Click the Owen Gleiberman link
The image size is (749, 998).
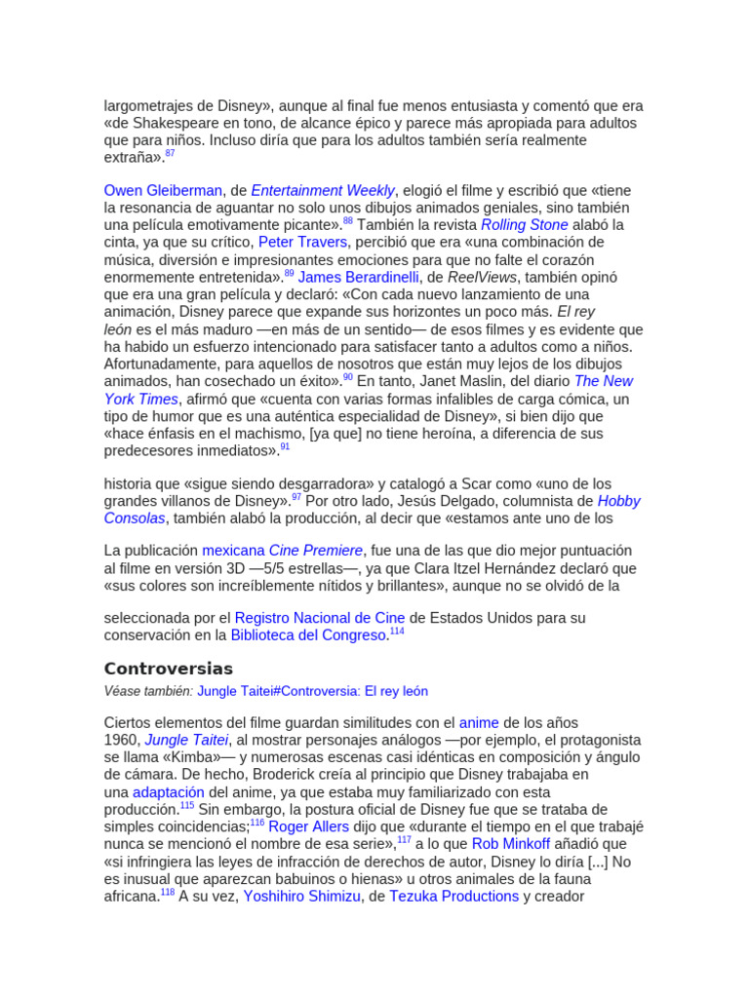click(163, 191)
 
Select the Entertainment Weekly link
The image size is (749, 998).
click(323, 191)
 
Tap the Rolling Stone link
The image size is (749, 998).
click(524, 225)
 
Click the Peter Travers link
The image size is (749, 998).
click(303, 243)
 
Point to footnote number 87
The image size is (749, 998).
click(170, 154)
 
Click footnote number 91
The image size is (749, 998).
click(285, 446)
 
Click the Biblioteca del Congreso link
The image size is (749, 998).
click(308, 636)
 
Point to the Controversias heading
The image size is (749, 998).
click(169, 670)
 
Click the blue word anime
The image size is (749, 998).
click(479, 723)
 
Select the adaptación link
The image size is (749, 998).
click(168, 792)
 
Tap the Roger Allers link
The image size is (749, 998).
click(308, 827)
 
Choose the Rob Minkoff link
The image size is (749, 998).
click(511, 845)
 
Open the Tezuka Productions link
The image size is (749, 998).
click(453, 897)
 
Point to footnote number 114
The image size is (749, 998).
click(396, 632)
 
